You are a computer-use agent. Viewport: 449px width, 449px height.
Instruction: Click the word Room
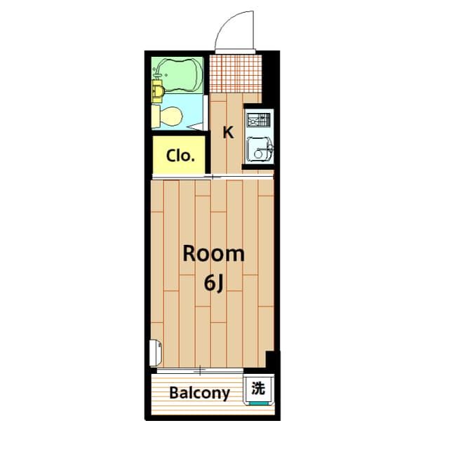coord(214,254)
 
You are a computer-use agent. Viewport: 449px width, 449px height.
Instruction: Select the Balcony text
coord(199,393)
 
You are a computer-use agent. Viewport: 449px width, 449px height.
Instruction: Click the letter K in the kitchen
coord(228,132)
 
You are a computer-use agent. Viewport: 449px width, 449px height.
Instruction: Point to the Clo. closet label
coord(180,156)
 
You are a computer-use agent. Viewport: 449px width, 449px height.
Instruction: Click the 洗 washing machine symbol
coord(259,387)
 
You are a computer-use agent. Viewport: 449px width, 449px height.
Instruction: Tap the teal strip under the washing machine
coord(259,403)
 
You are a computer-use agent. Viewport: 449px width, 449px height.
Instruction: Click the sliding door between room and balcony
coord(200,370)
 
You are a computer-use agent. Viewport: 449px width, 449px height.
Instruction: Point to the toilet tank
coord(156,116)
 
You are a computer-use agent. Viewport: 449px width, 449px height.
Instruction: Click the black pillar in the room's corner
coord(272,360)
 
